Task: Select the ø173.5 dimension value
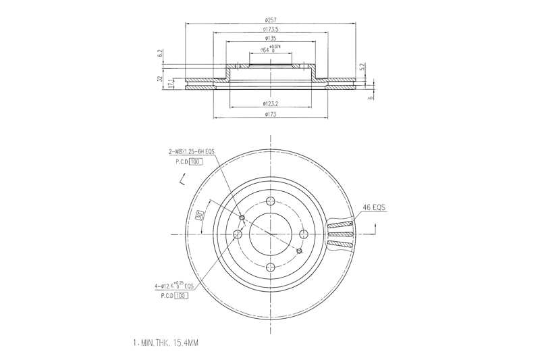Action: pyautogui.click(x=271, y=29)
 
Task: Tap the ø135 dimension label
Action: pyautogui.click(x=271, y=38)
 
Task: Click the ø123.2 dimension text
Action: pyautogui.click(x=271, y=103)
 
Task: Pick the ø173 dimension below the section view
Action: pyautogui.click(x=271, y=114)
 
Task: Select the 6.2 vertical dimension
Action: pyautogui.click(x=160, y=53)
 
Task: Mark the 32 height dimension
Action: pyautogui.click(x=160, y=80)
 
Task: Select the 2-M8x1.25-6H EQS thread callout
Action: pyautogui.click(x=192, y=153)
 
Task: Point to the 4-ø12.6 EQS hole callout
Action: pyautogui.click(x=174, y=286)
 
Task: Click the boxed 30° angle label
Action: pyautogui.click(x=200, y=216)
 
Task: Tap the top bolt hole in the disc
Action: pyautogui.click(x=271, y=201)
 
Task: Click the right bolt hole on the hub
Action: pyautogui.click(x=304, y=234)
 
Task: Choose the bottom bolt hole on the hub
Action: pyautogui.click(x=271, y=267)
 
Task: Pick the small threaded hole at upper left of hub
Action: pyautogui.click(x=242, y=217)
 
